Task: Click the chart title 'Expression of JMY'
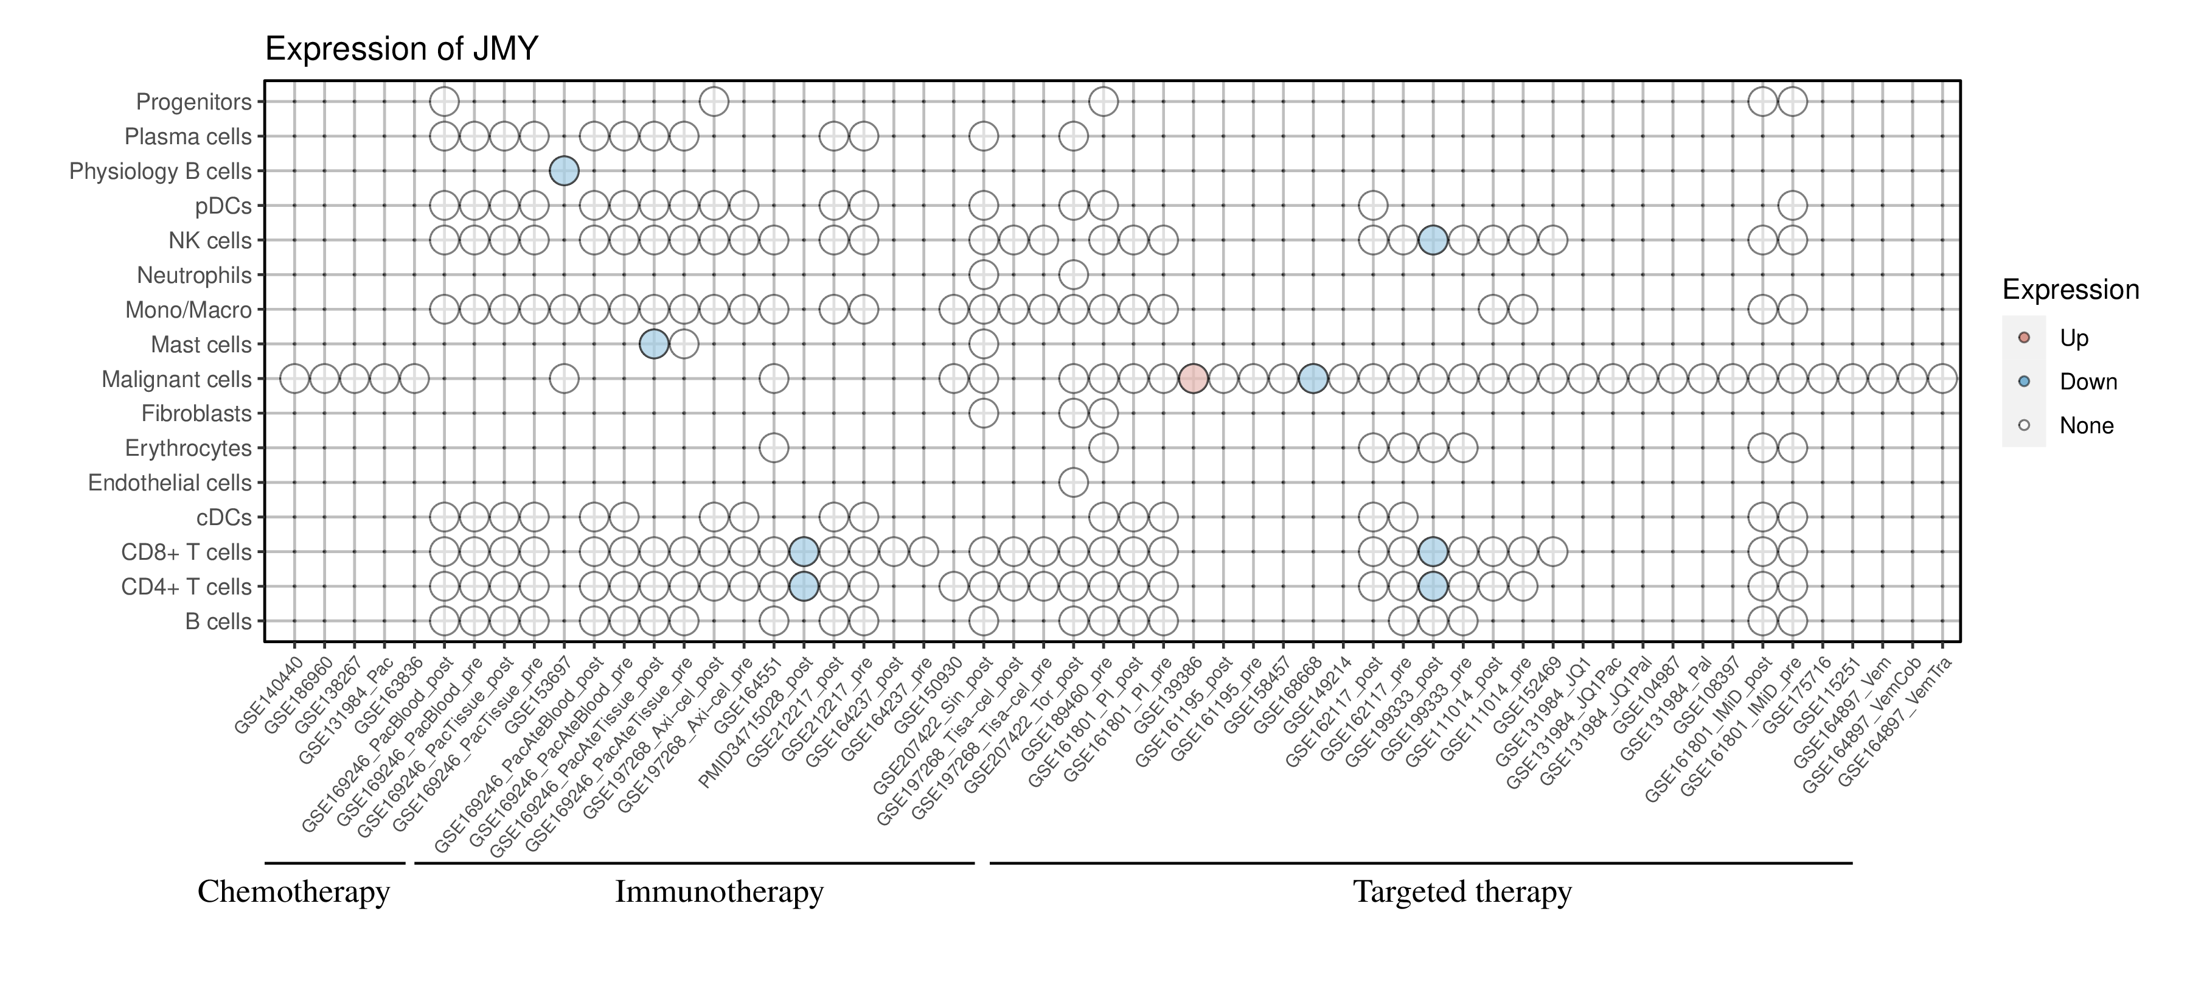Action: point(401,49)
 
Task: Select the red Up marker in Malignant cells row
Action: point(1193,378)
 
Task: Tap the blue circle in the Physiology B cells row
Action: point(564,171)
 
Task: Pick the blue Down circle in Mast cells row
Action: point(653,344)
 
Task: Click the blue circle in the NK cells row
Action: point(1433,240)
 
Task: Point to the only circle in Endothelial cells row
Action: point(1073,483)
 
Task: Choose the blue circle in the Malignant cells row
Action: point(1313,378)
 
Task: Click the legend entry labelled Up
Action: point(2074,338)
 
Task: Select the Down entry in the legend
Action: point(2087,382)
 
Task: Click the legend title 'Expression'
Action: point(2070,290)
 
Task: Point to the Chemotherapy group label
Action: point(293,892)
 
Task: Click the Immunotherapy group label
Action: point(719,892)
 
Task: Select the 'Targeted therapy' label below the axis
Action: point(1462,892)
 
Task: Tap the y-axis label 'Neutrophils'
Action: point(194,276)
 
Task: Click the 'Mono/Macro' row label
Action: point(188,310)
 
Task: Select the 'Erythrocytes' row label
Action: point(188,448)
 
